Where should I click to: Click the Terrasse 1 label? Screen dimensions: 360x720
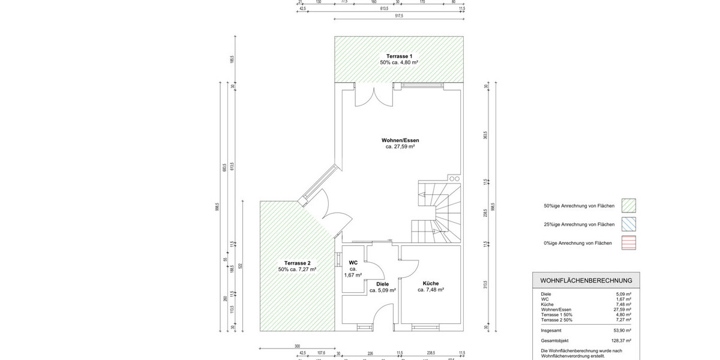(x=399, y=56)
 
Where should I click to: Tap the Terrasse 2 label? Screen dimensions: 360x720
(x=297, y=263)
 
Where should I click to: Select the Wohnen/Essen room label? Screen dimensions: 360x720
(x=400, y=140)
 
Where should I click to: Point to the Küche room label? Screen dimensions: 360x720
(x=430, y=284)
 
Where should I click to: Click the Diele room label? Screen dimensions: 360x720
(x=382, y=284)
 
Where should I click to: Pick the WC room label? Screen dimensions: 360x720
(x=353, y=262)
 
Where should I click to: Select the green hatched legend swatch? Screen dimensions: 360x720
(x=629, y=206)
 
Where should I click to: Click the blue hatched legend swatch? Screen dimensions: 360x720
(x=629, y=224)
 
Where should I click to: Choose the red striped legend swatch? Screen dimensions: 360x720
(x=629, y=243)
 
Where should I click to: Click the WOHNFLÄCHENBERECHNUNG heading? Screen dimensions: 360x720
(x=586, y=280)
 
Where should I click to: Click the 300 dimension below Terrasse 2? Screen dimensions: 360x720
(x=296, y=346)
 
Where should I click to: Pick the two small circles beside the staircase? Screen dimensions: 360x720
(x=454, y=178)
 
